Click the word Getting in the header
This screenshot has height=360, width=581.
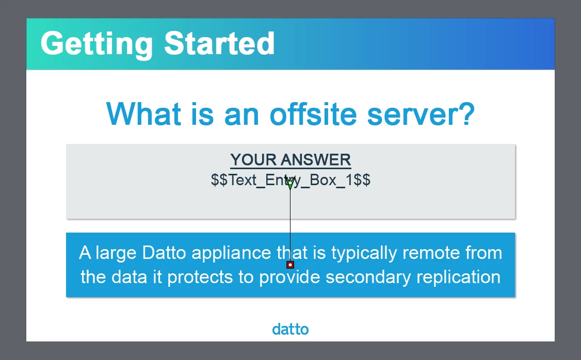pyautogui.click(x=96, y=44)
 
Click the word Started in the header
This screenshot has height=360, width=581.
pyautogui.click(x=219, y=43)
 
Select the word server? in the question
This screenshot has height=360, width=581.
pyautogui.click(x=421, y=114)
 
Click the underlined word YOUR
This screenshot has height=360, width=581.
pyautogui.click(x=253, y=160)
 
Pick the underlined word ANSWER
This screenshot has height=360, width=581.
pyautogui.click(x=316, y=160)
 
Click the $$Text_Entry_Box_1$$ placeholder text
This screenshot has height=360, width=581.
pyautogui.click(x=290, y=181)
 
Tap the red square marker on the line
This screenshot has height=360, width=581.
pyautogui.click(x=290, y=265)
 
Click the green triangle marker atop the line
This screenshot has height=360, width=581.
pyautogui.click(x=290, y=183)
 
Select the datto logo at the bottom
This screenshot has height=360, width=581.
pyautogui.click(x=290, y=329)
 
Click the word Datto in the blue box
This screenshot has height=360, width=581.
pyautogui.click(x=164, y=253)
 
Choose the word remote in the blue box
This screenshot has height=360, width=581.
pyautogui.click(x=431, y=253)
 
